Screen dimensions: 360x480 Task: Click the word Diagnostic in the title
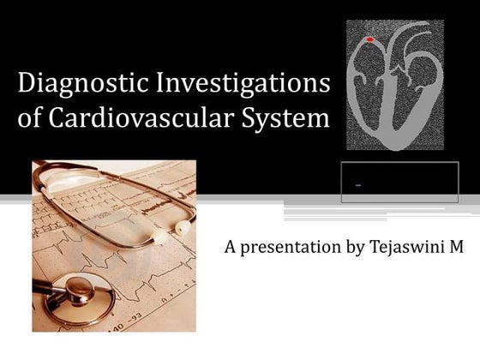click(73, 85)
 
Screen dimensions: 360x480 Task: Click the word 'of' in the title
click(30, 117)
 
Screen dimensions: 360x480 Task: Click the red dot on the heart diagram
click(369, 39)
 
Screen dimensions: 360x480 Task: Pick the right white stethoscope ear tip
click(183, 227)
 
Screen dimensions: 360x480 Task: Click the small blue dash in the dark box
click(357, 185)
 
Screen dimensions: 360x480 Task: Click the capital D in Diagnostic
click(27, 85)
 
